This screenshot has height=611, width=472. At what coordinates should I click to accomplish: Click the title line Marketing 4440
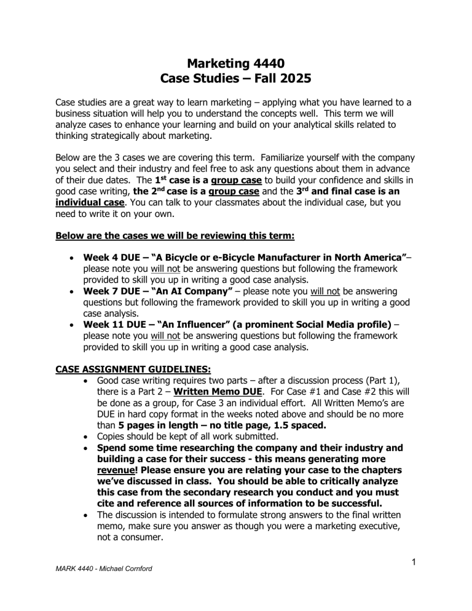click(x=236, y=61)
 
